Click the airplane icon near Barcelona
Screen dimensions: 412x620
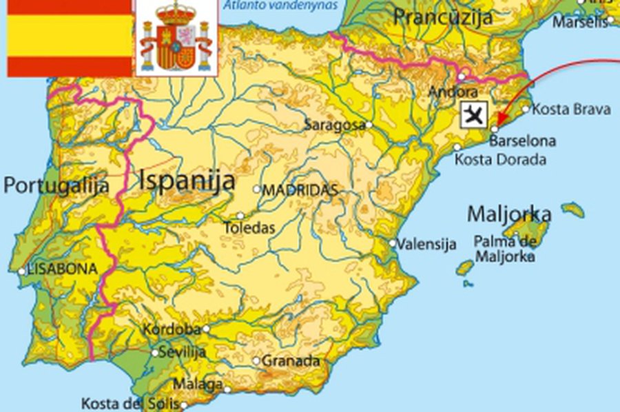click(474, 114)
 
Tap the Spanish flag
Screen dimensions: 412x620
click(70, 38)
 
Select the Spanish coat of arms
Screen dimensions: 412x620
click(176, 38)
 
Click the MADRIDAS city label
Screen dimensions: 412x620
click(301, 190)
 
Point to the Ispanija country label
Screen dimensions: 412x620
click(187, 181)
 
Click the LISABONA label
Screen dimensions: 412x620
click(62, 269)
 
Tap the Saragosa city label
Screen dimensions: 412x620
click(335, 125)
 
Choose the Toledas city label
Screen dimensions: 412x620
click(249, 227)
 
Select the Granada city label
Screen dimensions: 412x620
click(291, 360)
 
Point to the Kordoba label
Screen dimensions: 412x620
click(172, 329)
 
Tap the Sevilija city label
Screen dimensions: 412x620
click(183, 352)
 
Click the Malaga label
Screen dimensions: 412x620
click(198, 384)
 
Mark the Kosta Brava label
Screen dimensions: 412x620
click(572, 109)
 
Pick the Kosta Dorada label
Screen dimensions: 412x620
click(500, 160)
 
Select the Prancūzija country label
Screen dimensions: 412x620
click(443, 17)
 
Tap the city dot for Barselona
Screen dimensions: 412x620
click(495, 129)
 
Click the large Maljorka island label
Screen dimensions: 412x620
click(510, 214)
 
